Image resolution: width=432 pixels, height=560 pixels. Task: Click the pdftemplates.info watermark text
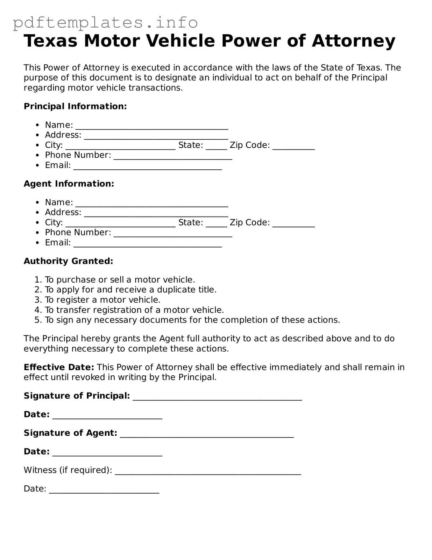pos(105,23)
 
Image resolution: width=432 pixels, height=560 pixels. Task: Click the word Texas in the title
pos(51,41)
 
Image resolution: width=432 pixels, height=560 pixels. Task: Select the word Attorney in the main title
pos(353,41)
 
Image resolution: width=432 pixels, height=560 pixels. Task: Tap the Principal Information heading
pos(75,107)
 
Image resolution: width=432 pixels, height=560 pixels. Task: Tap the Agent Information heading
pos(69,184)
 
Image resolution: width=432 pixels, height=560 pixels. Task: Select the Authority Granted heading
pos(68,261)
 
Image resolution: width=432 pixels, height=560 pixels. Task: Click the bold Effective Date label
pos(59,367)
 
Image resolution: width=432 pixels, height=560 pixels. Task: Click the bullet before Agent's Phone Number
pos(38,233)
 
